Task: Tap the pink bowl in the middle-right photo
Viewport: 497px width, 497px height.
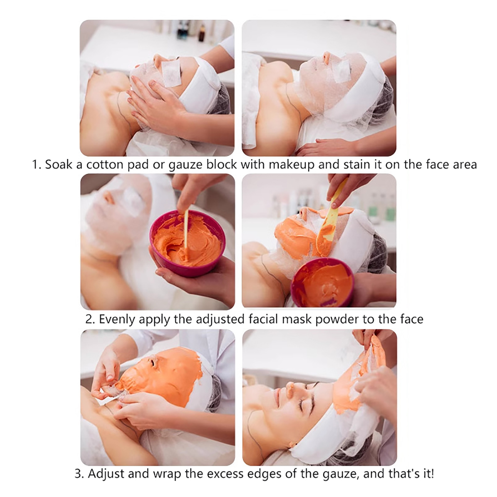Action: pos(322,282)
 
